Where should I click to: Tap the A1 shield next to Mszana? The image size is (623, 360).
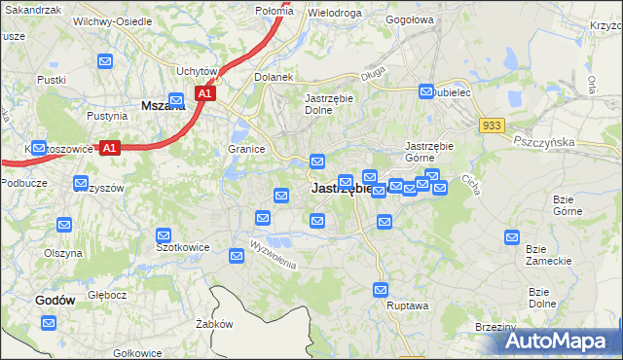(204, 93)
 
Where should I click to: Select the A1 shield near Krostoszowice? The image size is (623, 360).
(110, 149)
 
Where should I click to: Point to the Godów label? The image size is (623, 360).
(55, 301)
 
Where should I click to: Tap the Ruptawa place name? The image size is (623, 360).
(408, 305)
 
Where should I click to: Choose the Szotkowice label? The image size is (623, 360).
(183, 247)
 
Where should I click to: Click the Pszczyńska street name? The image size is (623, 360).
(548, 141)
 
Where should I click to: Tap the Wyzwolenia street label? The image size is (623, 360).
(271, 254)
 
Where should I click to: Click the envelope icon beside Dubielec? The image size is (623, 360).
(426, 92)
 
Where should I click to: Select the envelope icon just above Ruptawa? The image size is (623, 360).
(381, 289)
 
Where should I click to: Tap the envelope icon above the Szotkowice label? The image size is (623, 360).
(164, 234)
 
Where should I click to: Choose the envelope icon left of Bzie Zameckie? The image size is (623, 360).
(512, 236)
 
